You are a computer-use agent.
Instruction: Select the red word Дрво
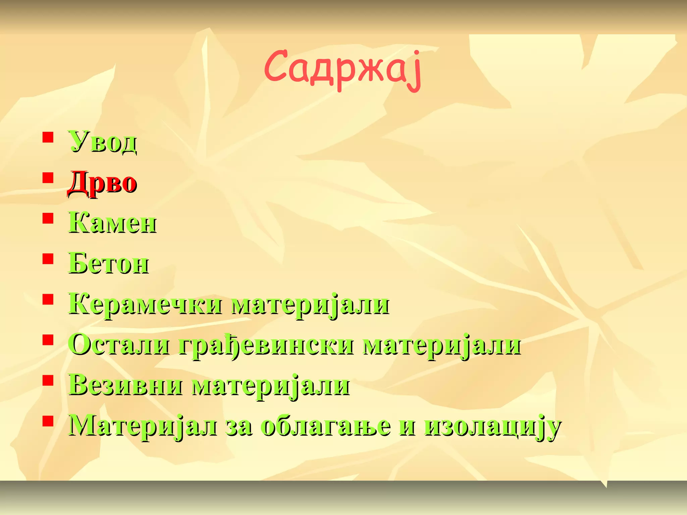(102, 183)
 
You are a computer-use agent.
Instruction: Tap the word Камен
(112, 223)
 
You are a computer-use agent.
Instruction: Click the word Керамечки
(145, 304)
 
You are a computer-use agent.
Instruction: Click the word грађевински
(266, 346)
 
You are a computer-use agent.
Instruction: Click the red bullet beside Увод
(48, 137)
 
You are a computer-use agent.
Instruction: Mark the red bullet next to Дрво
(48, 178)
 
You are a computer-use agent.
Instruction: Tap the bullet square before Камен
(48, 218)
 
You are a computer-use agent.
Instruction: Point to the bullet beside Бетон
(48, 259)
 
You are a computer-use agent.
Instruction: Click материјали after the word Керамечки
(310, 305)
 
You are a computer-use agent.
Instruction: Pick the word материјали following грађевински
(442, 346)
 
